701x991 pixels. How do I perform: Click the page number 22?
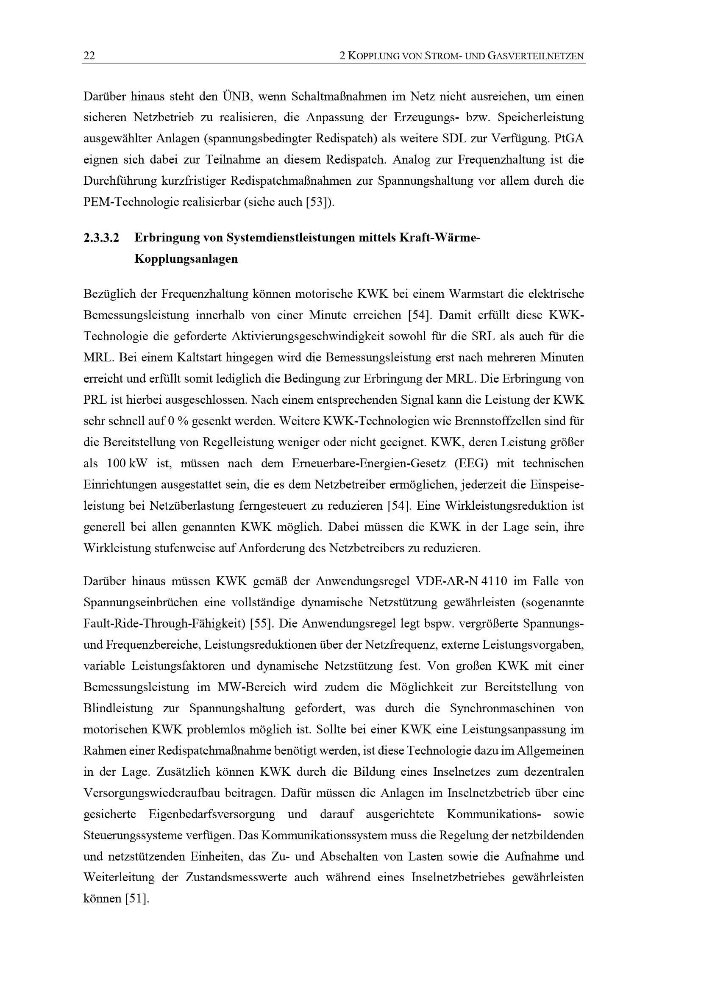(x=89, y=56)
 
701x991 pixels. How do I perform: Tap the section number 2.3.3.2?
(x=101, y=238)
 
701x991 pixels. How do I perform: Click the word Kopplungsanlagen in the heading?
(x=186, y=259)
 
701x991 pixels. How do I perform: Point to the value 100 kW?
(x=126, y=464)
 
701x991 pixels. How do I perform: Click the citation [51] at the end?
(x=136, y=899)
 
